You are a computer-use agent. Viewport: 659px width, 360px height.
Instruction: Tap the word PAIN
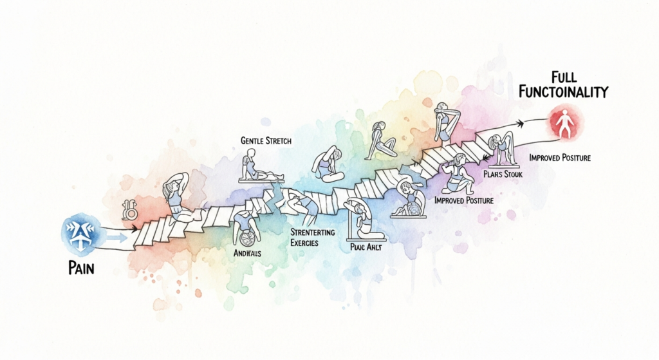pyautogui.click(x=80, y=267)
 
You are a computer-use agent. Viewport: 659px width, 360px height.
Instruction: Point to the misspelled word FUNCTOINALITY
pyautogui.click(x=564, y=93)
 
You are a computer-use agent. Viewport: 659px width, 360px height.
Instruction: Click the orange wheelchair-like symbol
pyautogui.click(x=129, y=210)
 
